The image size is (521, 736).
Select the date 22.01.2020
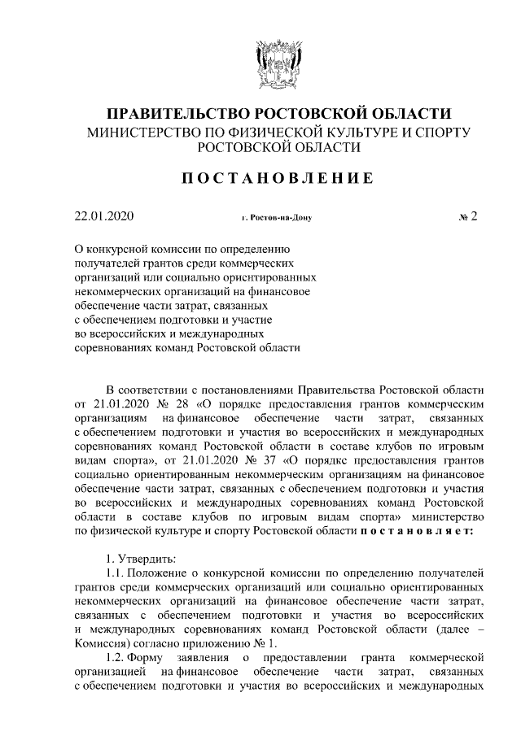pyautogui.click(x=103, y=217)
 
